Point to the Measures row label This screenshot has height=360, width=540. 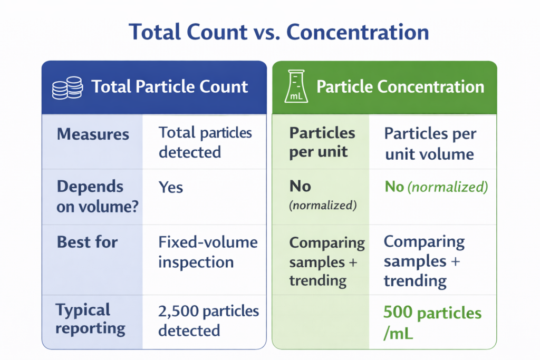(93, 134)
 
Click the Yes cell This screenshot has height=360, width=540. (171, 187)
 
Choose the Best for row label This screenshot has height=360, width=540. (87, 242)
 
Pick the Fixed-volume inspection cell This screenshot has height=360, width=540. (208, 252)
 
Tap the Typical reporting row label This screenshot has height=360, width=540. (90, 319)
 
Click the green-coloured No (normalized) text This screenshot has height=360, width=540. (436, 187)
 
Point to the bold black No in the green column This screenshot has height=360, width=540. (300, 186)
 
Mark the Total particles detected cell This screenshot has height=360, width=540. (205, 142)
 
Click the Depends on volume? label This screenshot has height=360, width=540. (97, 197)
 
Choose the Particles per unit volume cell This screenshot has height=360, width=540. (430, 143)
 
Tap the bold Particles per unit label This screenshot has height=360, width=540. (322, 142)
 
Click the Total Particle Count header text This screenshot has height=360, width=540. (169, 86)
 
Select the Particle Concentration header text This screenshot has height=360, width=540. (400, 86)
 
